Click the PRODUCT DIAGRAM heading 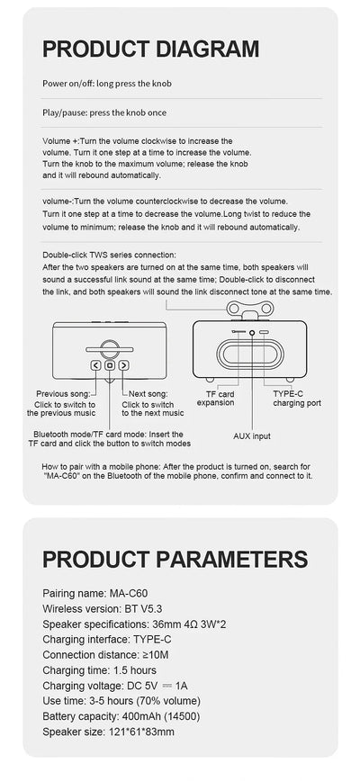150,49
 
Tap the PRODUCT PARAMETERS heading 175,559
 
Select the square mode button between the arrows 110,365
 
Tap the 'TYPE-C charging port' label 297,398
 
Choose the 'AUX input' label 251,435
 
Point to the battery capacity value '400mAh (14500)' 152,716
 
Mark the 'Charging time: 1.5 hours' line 100,670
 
